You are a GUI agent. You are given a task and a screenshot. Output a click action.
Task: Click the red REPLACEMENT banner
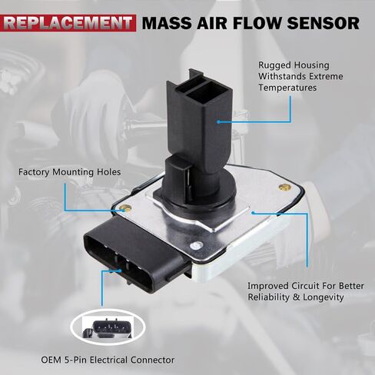coord(68,23)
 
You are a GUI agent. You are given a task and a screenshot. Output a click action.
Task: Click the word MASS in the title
coord(167,23)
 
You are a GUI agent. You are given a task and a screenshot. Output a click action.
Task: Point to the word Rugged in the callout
coord(274,65)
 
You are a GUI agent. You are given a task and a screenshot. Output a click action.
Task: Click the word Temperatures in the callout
coord(287,88)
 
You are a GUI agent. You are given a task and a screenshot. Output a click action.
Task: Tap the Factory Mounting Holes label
coord(70,172)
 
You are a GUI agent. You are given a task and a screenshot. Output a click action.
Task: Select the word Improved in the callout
coord(267,286)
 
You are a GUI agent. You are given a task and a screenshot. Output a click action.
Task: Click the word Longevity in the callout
coord(324,297)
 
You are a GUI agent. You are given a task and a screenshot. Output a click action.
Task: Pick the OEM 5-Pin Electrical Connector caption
coord(108,360)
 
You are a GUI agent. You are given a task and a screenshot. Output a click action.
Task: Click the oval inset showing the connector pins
coord(108,327)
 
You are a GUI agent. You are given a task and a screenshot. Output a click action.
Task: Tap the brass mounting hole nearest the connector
coord(125,208)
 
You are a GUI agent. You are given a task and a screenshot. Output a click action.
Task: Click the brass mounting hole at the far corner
coord(284,187)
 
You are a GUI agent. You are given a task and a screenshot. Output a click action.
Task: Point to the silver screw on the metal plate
coord(196,246)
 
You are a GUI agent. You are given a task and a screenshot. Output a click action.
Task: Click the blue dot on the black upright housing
coord(218,122)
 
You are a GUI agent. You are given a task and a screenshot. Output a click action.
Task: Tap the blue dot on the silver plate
coord(253,213)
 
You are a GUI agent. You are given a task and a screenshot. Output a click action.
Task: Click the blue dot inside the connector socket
coord(120,270)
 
